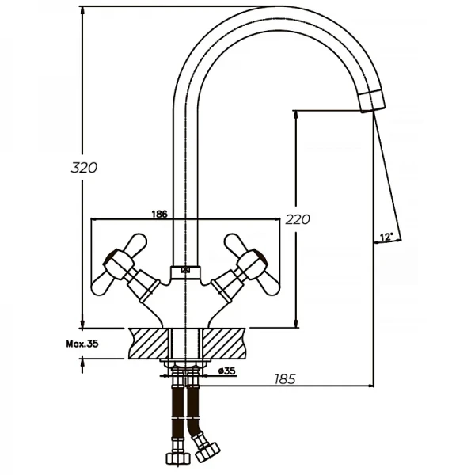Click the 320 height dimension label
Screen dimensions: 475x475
pyautogui.click(x=83, y=168)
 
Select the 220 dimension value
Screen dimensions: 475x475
pyautogui.click(x=298, y=219)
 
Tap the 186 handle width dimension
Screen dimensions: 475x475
pyautogui.click(x=158, y=214)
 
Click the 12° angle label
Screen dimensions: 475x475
pyautogui.click(x=386, y=237)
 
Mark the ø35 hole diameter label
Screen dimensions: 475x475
pyautogui.click(x=226, y=370)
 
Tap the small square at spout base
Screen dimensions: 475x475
pyautogui.click(x=185, y=270)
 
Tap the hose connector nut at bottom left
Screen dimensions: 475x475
pyautogui.click(x=175, y=457)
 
